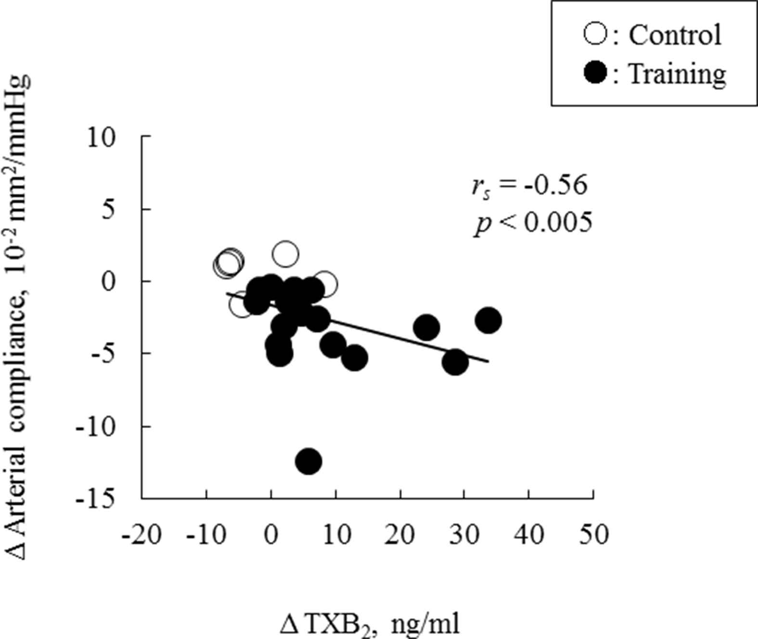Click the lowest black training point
coord(308,461)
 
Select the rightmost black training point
coord(488,320)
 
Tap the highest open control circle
coord(285,254)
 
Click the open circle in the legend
coord(596,35)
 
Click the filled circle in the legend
coord(596,74)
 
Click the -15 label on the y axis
coord(96,498)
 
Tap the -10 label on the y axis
coord(96,426)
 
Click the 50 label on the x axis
coord(593,535)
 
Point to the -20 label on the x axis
coord(141,535)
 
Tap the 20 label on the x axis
coord(400,535)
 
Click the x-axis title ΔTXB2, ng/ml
coord(369,625)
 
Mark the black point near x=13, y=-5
coord(355,358)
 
